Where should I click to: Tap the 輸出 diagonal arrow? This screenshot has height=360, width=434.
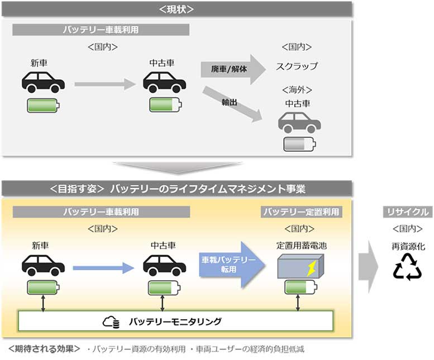pos(232,104)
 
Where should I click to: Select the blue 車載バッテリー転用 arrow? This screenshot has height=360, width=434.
pos(232,265)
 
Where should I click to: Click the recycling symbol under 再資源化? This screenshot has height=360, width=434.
pos(407,267)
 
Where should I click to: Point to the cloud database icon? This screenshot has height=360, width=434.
pos(111,322)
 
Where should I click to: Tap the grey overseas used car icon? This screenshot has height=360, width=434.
pos(299,122)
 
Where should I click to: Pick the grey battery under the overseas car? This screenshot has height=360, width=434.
pos(300,144)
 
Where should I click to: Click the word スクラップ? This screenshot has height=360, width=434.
pos(297,66)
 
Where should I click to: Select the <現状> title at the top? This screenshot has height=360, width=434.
pos(177,9)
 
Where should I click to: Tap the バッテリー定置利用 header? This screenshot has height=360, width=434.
pos(302,212)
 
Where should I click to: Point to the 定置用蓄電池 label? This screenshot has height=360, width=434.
pos(302,246)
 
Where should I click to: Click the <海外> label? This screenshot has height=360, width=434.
pos(297,90)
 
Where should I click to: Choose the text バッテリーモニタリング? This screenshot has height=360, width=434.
pos(175,321)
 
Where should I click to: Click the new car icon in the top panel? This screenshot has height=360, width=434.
pos(44,82)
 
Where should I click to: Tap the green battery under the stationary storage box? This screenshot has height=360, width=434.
pos(301,287)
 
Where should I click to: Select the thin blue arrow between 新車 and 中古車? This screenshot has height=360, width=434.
pos(103,268)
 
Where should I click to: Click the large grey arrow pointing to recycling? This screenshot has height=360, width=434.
pos(369,267)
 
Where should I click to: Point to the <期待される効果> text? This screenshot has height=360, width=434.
pos(44,349)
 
